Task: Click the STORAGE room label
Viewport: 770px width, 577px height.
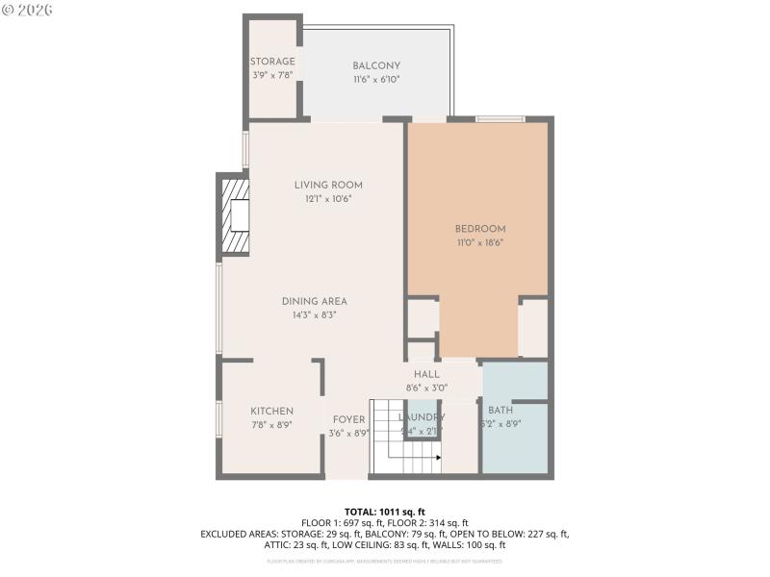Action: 272,62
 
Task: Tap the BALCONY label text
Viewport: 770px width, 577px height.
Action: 375,65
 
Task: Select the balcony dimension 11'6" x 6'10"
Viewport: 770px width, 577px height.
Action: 375,80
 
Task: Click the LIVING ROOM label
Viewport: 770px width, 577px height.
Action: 328,185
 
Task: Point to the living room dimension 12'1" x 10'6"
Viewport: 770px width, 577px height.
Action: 328,199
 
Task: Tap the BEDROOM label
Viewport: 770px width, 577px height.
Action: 479,228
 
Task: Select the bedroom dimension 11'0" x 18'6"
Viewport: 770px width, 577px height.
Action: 479,242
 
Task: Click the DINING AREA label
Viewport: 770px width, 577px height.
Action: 314,300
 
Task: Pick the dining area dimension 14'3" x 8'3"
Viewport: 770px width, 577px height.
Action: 314,314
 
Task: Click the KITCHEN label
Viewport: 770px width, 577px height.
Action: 271,411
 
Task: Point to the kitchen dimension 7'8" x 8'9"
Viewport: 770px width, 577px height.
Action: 271,425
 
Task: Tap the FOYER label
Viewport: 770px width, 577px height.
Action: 348,419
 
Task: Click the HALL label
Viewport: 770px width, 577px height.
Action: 426,374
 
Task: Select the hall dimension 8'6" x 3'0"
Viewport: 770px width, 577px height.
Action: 426,388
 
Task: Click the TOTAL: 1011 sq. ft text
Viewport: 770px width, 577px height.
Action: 385,511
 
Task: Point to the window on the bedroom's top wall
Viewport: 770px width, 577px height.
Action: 500,119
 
